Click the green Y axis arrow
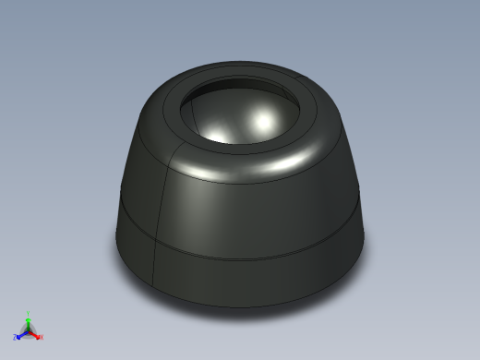28,322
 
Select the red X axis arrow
35,335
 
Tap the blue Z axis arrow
20,336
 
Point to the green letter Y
28,313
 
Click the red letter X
42,337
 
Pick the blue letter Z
14,338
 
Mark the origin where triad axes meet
28,331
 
